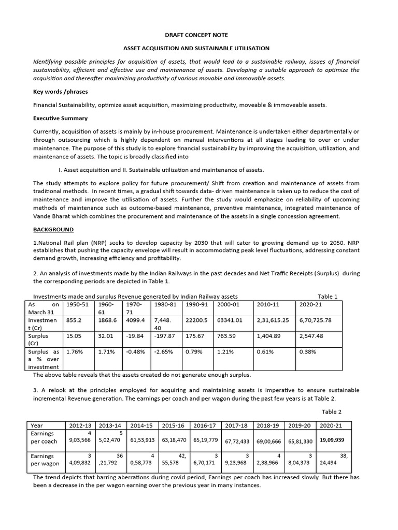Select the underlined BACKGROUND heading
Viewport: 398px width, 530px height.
pyautogui.click(x=53, y=229)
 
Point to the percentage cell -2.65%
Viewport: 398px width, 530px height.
pyautogui.click(x=162, y=351)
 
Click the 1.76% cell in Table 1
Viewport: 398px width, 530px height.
pyautogui.click(x=75, y=351)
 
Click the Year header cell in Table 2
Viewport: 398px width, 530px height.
pyautogui.click(x=37, y=425)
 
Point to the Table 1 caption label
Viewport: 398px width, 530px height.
pyautogui.click(x=328, y=297)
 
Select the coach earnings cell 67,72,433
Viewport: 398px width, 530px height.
pyautogui.click(x=238, y=441)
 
